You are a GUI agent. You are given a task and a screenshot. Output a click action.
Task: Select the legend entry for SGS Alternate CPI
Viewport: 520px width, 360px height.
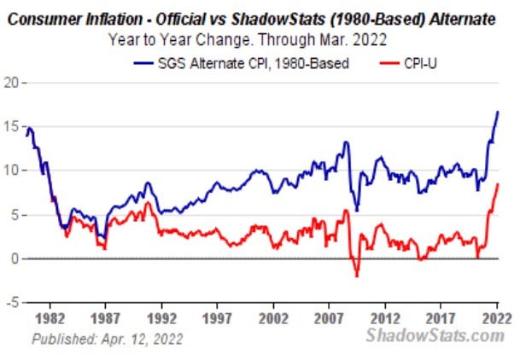(242, 64)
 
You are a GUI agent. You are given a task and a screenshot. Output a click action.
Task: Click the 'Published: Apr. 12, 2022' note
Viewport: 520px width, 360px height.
(107, 338)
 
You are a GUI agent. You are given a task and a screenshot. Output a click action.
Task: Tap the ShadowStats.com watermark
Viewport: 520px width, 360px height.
(435, 335)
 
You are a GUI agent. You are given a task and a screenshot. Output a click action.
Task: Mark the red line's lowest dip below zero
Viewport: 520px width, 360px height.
(357, 276)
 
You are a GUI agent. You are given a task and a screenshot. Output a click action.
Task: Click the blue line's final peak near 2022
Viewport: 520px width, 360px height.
(498, 112)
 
